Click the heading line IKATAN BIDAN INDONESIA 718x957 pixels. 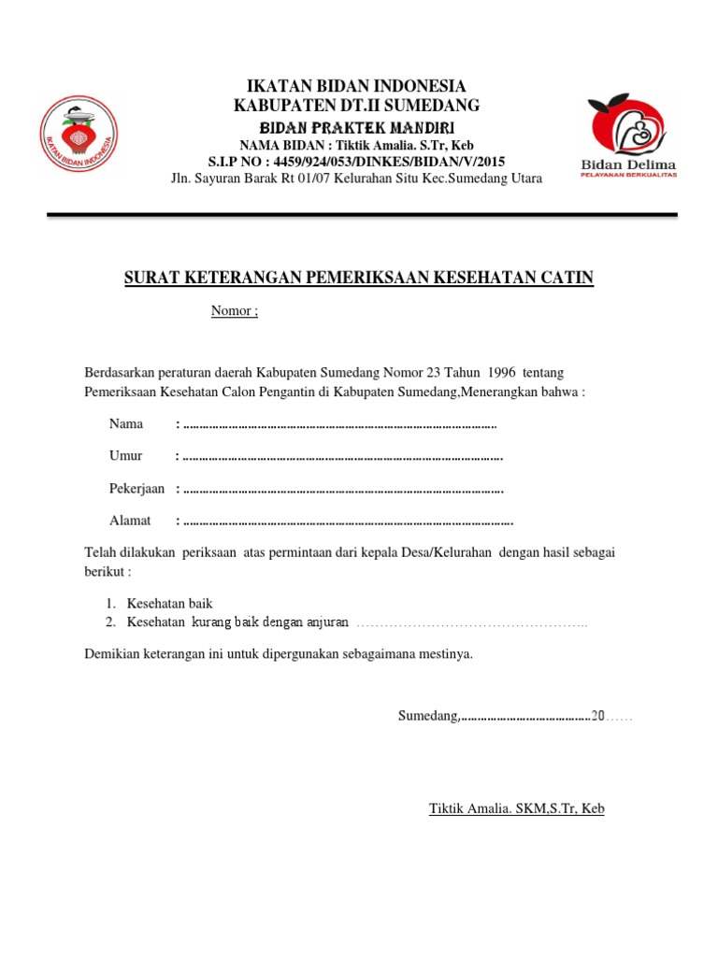coord(356,86)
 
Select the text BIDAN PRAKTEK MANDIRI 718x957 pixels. coord(356,126)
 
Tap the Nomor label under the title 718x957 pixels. coord(233,311)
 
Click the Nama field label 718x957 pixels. coord(126,423)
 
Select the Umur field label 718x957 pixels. coord(125,455)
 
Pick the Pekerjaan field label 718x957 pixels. coord(136,488)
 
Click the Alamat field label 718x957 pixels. coord(129,520)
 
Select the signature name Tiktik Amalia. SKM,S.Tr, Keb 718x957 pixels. coord(516,808)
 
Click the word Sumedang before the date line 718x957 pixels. coord(426,717)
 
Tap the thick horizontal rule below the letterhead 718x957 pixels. coord(362,215)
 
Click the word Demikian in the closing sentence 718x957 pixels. coord(111,654)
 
